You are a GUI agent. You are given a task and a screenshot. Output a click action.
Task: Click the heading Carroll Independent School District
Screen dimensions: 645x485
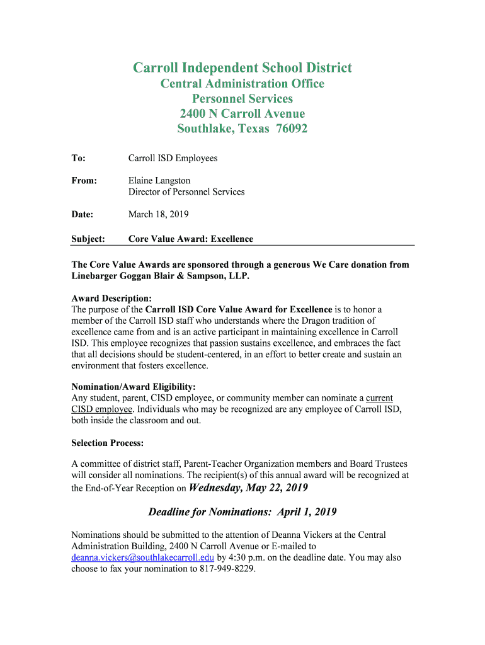pos(242,68)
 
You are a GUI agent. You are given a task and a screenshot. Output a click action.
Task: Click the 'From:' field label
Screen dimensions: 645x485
pos(84,181)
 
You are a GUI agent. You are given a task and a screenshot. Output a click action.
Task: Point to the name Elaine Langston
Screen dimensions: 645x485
pos(159,181)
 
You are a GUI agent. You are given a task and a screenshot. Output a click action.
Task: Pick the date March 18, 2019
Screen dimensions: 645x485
pos(158,215)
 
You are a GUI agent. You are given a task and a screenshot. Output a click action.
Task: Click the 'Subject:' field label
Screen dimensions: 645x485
pos(88,239)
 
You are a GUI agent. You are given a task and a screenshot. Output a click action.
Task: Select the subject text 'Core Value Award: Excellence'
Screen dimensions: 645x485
pos(191,239)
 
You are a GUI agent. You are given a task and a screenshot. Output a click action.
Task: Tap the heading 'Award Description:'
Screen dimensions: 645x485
pos(111,298)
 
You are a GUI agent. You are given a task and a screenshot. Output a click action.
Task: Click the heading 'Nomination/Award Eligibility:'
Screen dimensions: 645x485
pos(134,386)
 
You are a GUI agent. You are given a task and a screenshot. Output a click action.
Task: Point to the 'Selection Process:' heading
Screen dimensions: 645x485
pos(108,443)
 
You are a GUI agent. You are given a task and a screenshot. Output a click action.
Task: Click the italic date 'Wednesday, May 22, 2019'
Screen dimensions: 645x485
pos(248,488)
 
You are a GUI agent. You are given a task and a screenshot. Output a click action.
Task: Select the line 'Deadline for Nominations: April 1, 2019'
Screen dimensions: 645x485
pos(243,511)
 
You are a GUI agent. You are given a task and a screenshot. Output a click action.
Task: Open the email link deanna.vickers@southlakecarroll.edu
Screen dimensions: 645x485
pos(143,557)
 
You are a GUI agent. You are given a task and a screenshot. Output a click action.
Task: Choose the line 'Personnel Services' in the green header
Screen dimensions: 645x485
pos(242,99)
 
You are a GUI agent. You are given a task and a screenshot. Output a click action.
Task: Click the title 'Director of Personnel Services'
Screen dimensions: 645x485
pos(186,192)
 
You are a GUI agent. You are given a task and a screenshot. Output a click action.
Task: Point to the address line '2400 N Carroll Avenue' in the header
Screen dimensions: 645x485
pos(242,114)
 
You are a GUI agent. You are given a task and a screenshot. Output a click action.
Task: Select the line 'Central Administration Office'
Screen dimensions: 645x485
pos(242,84)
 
